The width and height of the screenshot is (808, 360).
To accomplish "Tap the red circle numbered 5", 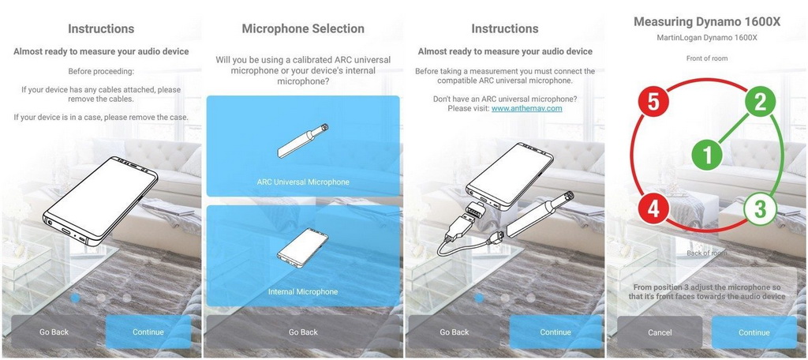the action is click(x=653, y=102).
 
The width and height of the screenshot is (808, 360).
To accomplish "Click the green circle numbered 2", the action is click(x=760, y=102).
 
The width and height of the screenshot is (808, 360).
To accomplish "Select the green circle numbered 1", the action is click(x=708, y=155).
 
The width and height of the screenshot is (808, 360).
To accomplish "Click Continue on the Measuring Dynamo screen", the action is click(x=754, y=332).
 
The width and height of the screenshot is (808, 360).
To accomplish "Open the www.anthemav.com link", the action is click(x=526, y=108).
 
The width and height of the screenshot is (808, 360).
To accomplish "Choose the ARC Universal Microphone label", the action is click(x=303, y=182).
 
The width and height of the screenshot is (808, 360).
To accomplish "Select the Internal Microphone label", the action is click(x=303, y=292).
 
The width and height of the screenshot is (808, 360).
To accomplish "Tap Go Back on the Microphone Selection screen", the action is click(x=303, y=332).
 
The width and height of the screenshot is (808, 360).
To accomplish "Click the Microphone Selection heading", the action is click(x=303, y=29).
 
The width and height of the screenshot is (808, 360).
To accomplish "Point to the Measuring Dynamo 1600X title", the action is click(x=707, y=21).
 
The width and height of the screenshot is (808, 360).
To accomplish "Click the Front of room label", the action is click(x=707, y=58).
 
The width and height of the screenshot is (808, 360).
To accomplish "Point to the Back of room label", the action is click(x=707, y=253).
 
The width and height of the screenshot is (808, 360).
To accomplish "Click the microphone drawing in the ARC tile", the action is click(x=303, y=141).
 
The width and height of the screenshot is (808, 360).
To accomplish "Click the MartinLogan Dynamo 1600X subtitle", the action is click(x=707, y=38).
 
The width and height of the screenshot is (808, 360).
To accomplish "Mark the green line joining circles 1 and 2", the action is click(x=734, y=129).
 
